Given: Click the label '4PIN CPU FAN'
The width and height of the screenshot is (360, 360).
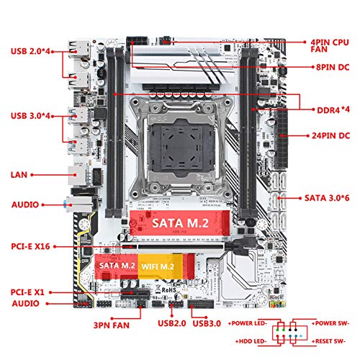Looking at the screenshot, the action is pyautogui.click(x=330, y=45).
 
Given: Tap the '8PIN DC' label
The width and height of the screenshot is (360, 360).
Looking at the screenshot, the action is pyautogui.click(x=333, y=67).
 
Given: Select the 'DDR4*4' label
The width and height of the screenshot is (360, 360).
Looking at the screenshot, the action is pyautogui.click(x=333, y=110).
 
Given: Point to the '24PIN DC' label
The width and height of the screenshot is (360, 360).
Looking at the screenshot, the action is pyautogui.click(x=331, y=135).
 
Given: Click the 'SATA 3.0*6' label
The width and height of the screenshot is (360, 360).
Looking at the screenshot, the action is pyautogui.click(x=327, y=198).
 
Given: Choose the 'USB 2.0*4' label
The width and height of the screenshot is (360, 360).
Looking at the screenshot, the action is pyautogui.click(x=30, y=51).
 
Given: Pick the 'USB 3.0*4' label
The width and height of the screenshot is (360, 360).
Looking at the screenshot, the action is pyautogui.click(x=30, y=116).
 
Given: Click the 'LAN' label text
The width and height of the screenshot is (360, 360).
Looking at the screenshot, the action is pyautogui.click(x=19, y=175).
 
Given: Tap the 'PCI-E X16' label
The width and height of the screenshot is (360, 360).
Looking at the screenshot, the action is pyautogui.click(x=30, y=246).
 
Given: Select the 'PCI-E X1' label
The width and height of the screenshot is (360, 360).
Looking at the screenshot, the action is pyautogui.click(x=27, y=292).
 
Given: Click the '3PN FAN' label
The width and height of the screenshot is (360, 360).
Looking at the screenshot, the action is pyautogui.click(x=112, y=325).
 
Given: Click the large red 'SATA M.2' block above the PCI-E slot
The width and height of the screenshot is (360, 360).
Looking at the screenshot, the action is pyautogui.click(x=180, y=223).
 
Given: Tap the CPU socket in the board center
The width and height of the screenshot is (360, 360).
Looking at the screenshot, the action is pyautogui.click(x=181, y=146).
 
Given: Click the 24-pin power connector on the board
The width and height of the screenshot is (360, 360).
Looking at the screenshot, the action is pyautogui.click(x=282, y=139).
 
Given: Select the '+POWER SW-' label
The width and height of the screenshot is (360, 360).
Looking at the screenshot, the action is pyautogui.click(x=330, y=323).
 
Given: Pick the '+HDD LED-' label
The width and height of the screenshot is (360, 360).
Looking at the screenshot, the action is pyautogui.click(x=251, y=341).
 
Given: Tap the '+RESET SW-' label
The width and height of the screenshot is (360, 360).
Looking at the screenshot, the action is pyautogui.click(x=328, y=341).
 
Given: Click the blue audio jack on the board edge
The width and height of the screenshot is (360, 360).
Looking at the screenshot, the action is pyautogui.click(x=65, y=204).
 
